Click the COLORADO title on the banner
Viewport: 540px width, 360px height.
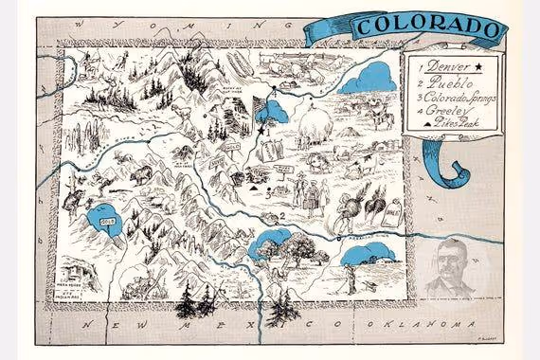(x=429, y=27)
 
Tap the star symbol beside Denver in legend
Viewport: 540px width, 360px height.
(x=480, y=66)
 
